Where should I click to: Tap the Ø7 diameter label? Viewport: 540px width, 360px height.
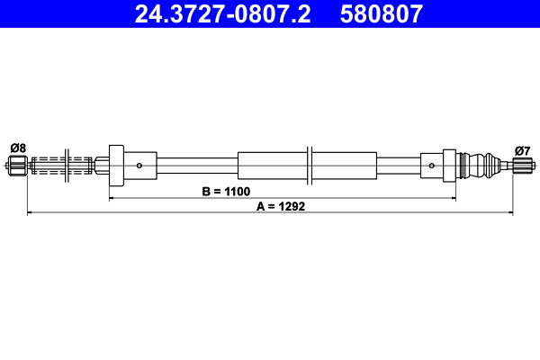click(x=522, y=149)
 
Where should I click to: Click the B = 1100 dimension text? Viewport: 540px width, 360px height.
click(x=224, y=192)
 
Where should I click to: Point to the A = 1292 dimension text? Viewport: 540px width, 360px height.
click(x=283, y=205)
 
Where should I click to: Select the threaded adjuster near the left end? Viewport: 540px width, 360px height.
click(x=63, y=165)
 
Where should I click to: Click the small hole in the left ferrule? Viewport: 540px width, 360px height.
click(x=139, y=165)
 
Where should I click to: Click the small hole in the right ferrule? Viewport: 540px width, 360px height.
click(x=433, y=165)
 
